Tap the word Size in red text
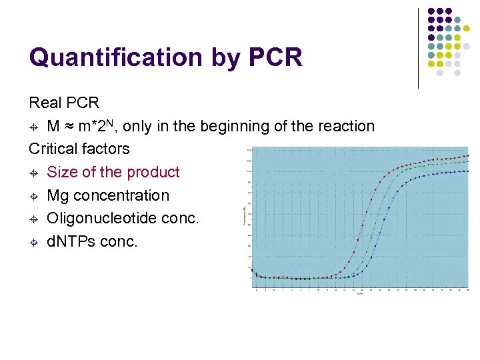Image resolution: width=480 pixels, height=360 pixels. point(62,172)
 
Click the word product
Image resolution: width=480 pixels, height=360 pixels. point(153,172)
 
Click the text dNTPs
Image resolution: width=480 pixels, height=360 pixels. point(71,241)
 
